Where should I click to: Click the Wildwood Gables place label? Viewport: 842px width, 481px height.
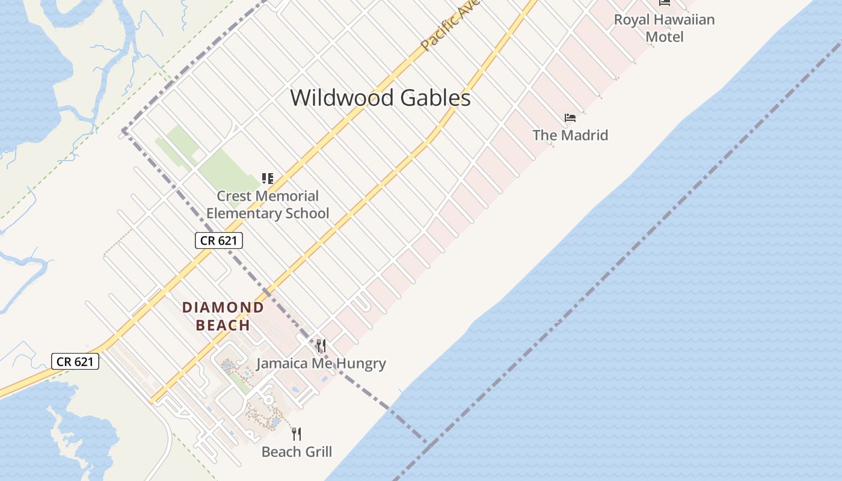coord(380,97)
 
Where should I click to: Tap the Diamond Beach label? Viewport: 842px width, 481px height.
coord(223,316)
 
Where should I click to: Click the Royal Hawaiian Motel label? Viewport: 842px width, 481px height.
coord(664,28)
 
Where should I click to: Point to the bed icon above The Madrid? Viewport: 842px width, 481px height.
coord(570,118)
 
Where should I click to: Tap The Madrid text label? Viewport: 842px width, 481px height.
coord(570,135)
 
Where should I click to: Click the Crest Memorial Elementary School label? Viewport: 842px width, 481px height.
coord(268,204)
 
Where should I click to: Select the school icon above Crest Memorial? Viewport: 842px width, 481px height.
coord(268,179)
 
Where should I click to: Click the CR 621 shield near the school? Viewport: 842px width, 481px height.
coord(219,241)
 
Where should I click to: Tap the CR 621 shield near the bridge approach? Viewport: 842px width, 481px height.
coord(75,361)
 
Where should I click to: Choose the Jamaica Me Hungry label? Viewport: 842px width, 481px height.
coord(321,363)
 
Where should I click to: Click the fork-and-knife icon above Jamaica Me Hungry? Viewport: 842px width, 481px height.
coord(321,346)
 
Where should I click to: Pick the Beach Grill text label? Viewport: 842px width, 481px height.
coord(297,452)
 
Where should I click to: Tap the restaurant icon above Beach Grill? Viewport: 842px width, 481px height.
coord(296,434)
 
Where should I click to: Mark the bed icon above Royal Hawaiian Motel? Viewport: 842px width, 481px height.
coord(665,3)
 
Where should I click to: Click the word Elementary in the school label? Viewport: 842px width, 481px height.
coord(242,213)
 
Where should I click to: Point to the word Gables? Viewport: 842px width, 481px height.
coord(435,97)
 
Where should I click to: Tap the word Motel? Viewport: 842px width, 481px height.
coord(665,37)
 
